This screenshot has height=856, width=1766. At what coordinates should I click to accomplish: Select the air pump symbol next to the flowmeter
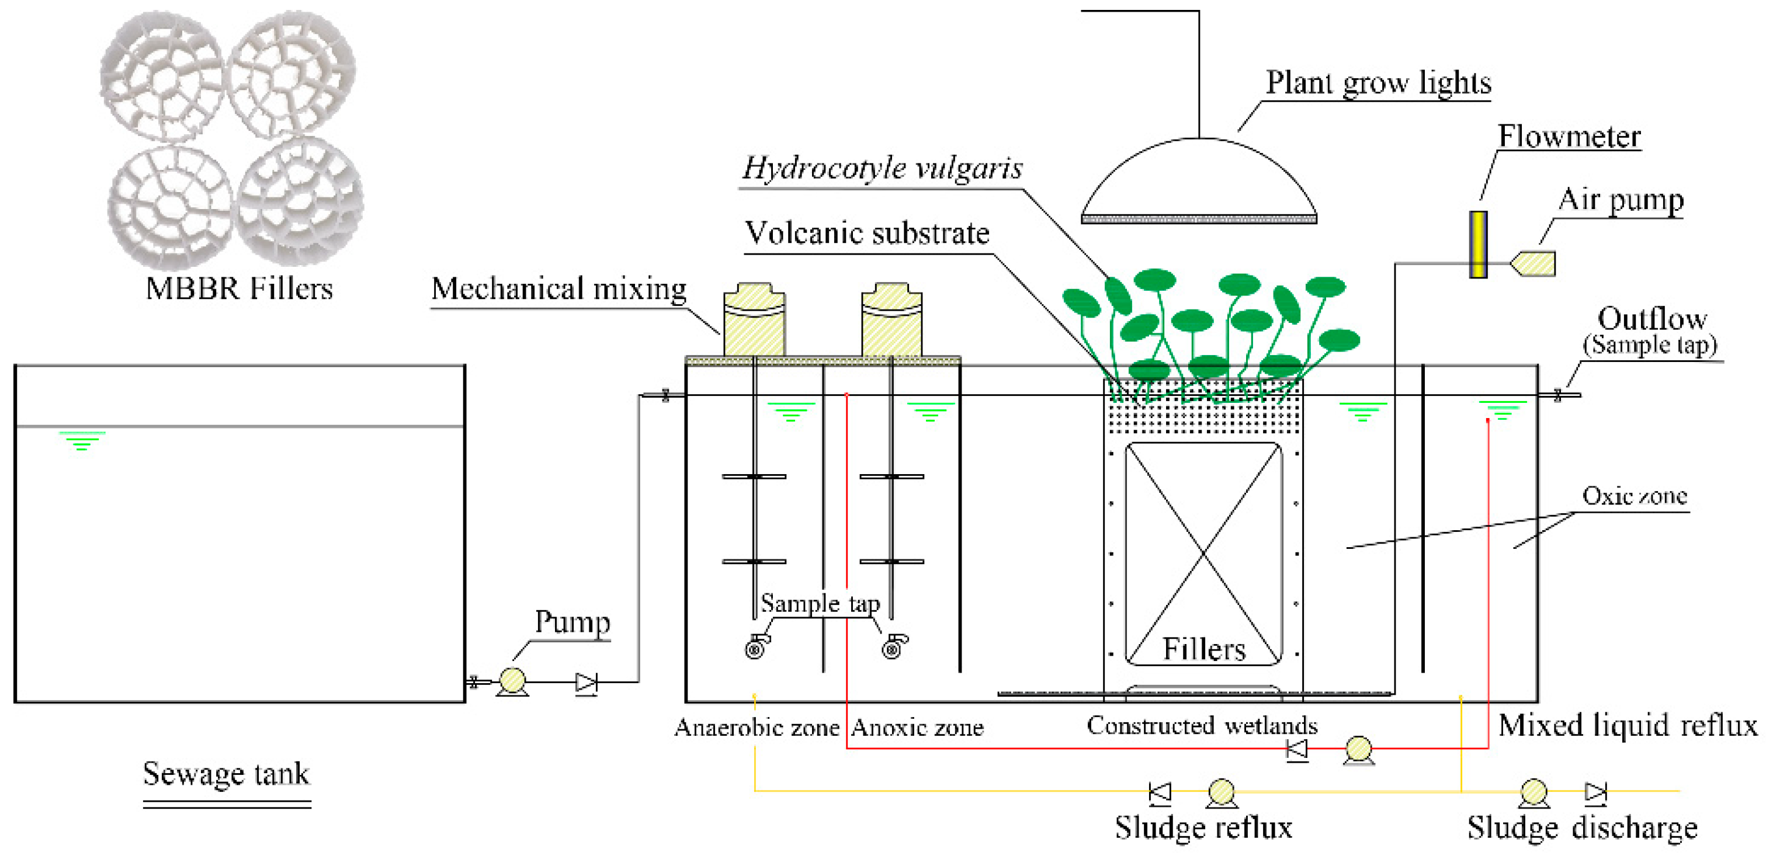coord(1534,264)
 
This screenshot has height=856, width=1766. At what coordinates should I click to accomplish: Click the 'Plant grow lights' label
coord(1378,83)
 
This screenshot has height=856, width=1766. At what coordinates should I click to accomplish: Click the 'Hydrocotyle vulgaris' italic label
coord(882,169)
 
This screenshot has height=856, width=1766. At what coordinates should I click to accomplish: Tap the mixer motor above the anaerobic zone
coord(754,320)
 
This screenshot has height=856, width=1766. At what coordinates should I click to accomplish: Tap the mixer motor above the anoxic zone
coord(891,320)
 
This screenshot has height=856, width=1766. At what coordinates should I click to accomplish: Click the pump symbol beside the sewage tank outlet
coord(511,681)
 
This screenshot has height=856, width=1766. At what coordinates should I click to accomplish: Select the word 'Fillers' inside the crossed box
coord(1203,648)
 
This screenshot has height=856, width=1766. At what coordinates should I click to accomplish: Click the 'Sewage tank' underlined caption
coord(226,774)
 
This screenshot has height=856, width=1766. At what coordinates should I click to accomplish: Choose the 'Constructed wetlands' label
coord(1202,726)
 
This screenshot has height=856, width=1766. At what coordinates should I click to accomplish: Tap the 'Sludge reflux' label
coord(1203,828)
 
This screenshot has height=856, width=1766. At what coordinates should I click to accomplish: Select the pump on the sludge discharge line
coord(1533,792)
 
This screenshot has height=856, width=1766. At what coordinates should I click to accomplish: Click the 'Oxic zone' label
coord(1634,496)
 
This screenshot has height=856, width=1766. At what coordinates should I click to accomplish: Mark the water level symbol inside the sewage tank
coord(82,440)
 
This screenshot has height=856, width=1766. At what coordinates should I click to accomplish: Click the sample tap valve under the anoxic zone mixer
coord(893,646)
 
